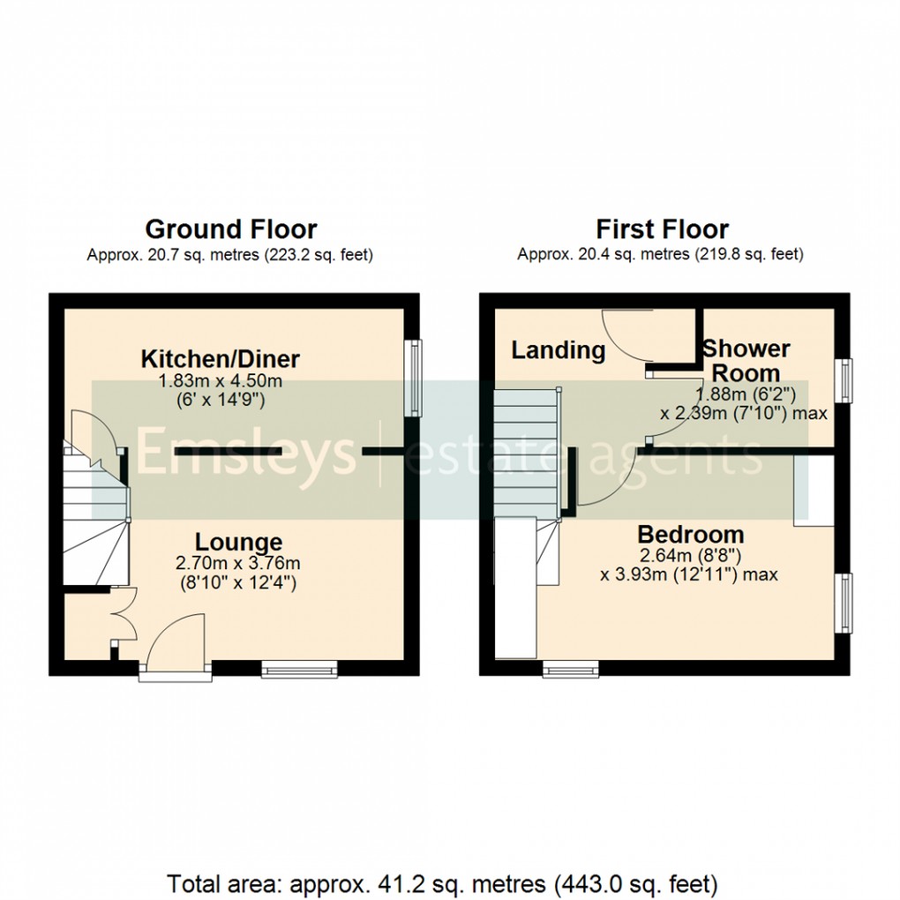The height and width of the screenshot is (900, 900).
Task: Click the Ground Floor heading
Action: (230, 229)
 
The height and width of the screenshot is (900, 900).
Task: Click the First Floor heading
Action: (662, 229)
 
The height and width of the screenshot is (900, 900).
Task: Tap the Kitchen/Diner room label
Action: (221, 359)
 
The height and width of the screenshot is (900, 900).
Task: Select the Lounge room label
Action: (238, 542)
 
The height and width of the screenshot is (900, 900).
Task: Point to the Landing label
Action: (559, 350)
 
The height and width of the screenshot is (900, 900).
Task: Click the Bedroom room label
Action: (690, 534)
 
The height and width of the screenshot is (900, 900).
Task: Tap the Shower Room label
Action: (746, 360)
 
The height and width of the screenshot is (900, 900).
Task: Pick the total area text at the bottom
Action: (442, 882)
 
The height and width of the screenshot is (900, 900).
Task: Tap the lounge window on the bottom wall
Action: (299, 671)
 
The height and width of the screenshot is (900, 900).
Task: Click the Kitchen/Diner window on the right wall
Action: (412, 377)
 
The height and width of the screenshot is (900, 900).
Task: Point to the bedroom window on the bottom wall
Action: (570, 671)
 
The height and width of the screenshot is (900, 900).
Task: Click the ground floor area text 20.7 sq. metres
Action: (229, 255)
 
